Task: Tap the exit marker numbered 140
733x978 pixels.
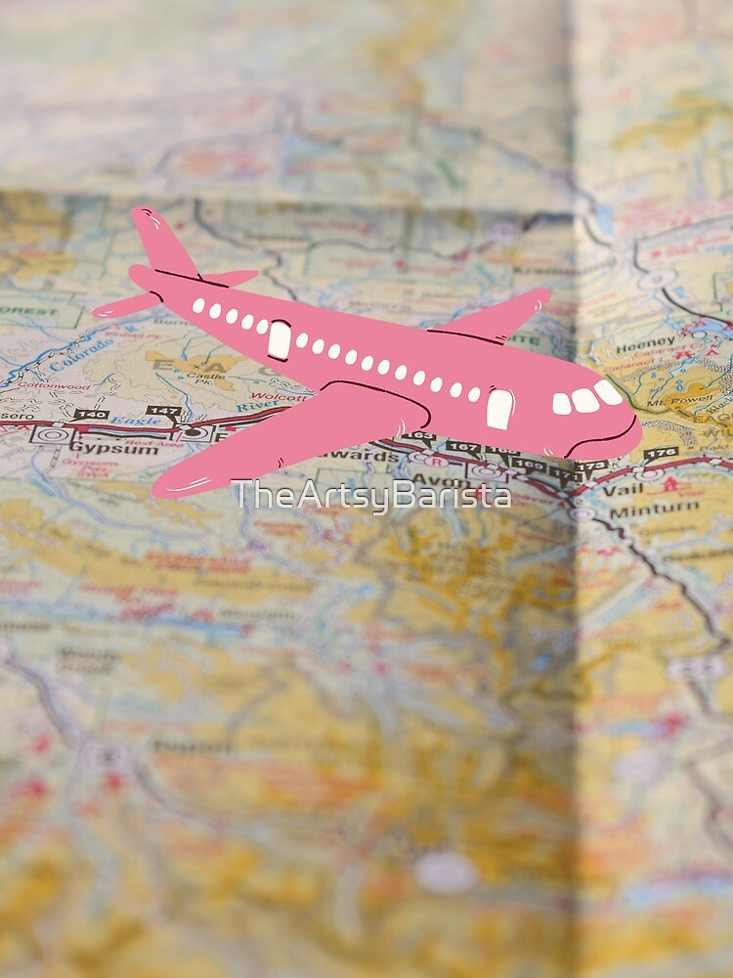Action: (x=91, y=415)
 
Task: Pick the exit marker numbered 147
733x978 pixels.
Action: (x=162, y=412)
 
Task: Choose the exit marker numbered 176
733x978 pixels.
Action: (x=661, y=454)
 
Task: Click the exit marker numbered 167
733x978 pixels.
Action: (x=465, y=449)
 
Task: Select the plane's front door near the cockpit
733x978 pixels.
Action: (x=499, y=408)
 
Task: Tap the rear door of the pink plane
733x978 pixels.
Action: (x=280, y=339)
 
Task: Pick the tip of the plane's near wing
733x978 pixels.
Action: (x=166, y=485)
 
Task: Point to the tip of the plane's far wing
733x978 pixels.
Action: (x=541, y=294)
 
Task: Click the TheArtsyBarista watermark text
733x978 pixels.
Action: (x=371, y=495)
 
